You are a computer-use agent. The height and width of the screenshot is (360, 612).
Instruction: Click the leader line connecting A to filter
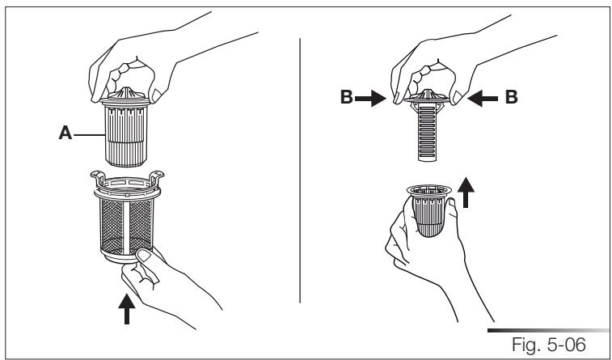tap(87, 137)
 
